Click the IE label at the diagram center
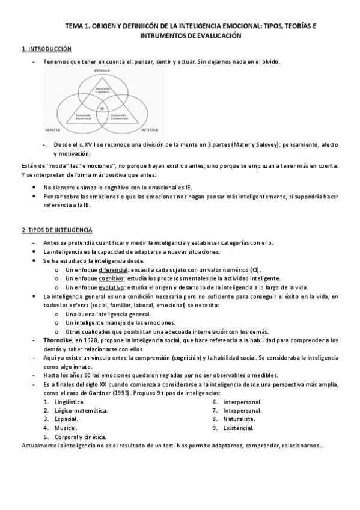click(x=102, y=108)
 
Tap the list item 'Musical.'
click(x=64, y=428)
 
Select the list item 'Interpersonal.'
click(x=242, y=401)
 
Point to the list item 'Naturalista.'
click(x=239, y=419)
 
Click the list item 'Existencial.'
click(x=239, y=428)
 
